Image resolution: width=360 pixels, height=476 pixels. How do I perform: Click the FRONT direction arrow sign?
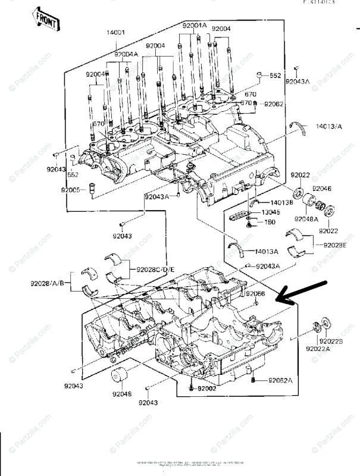pos(46,20)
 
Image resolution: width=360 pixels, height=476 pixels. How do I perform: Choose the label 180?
pos(268,222)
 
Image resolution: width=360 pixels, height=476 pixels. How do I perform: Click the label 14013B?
pos(274,202)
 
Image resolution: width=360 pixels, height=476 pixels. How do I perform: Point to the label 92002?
pos(208,389)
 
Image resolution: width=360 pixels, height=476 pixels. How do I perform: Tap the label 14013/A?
pos(329,127)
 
